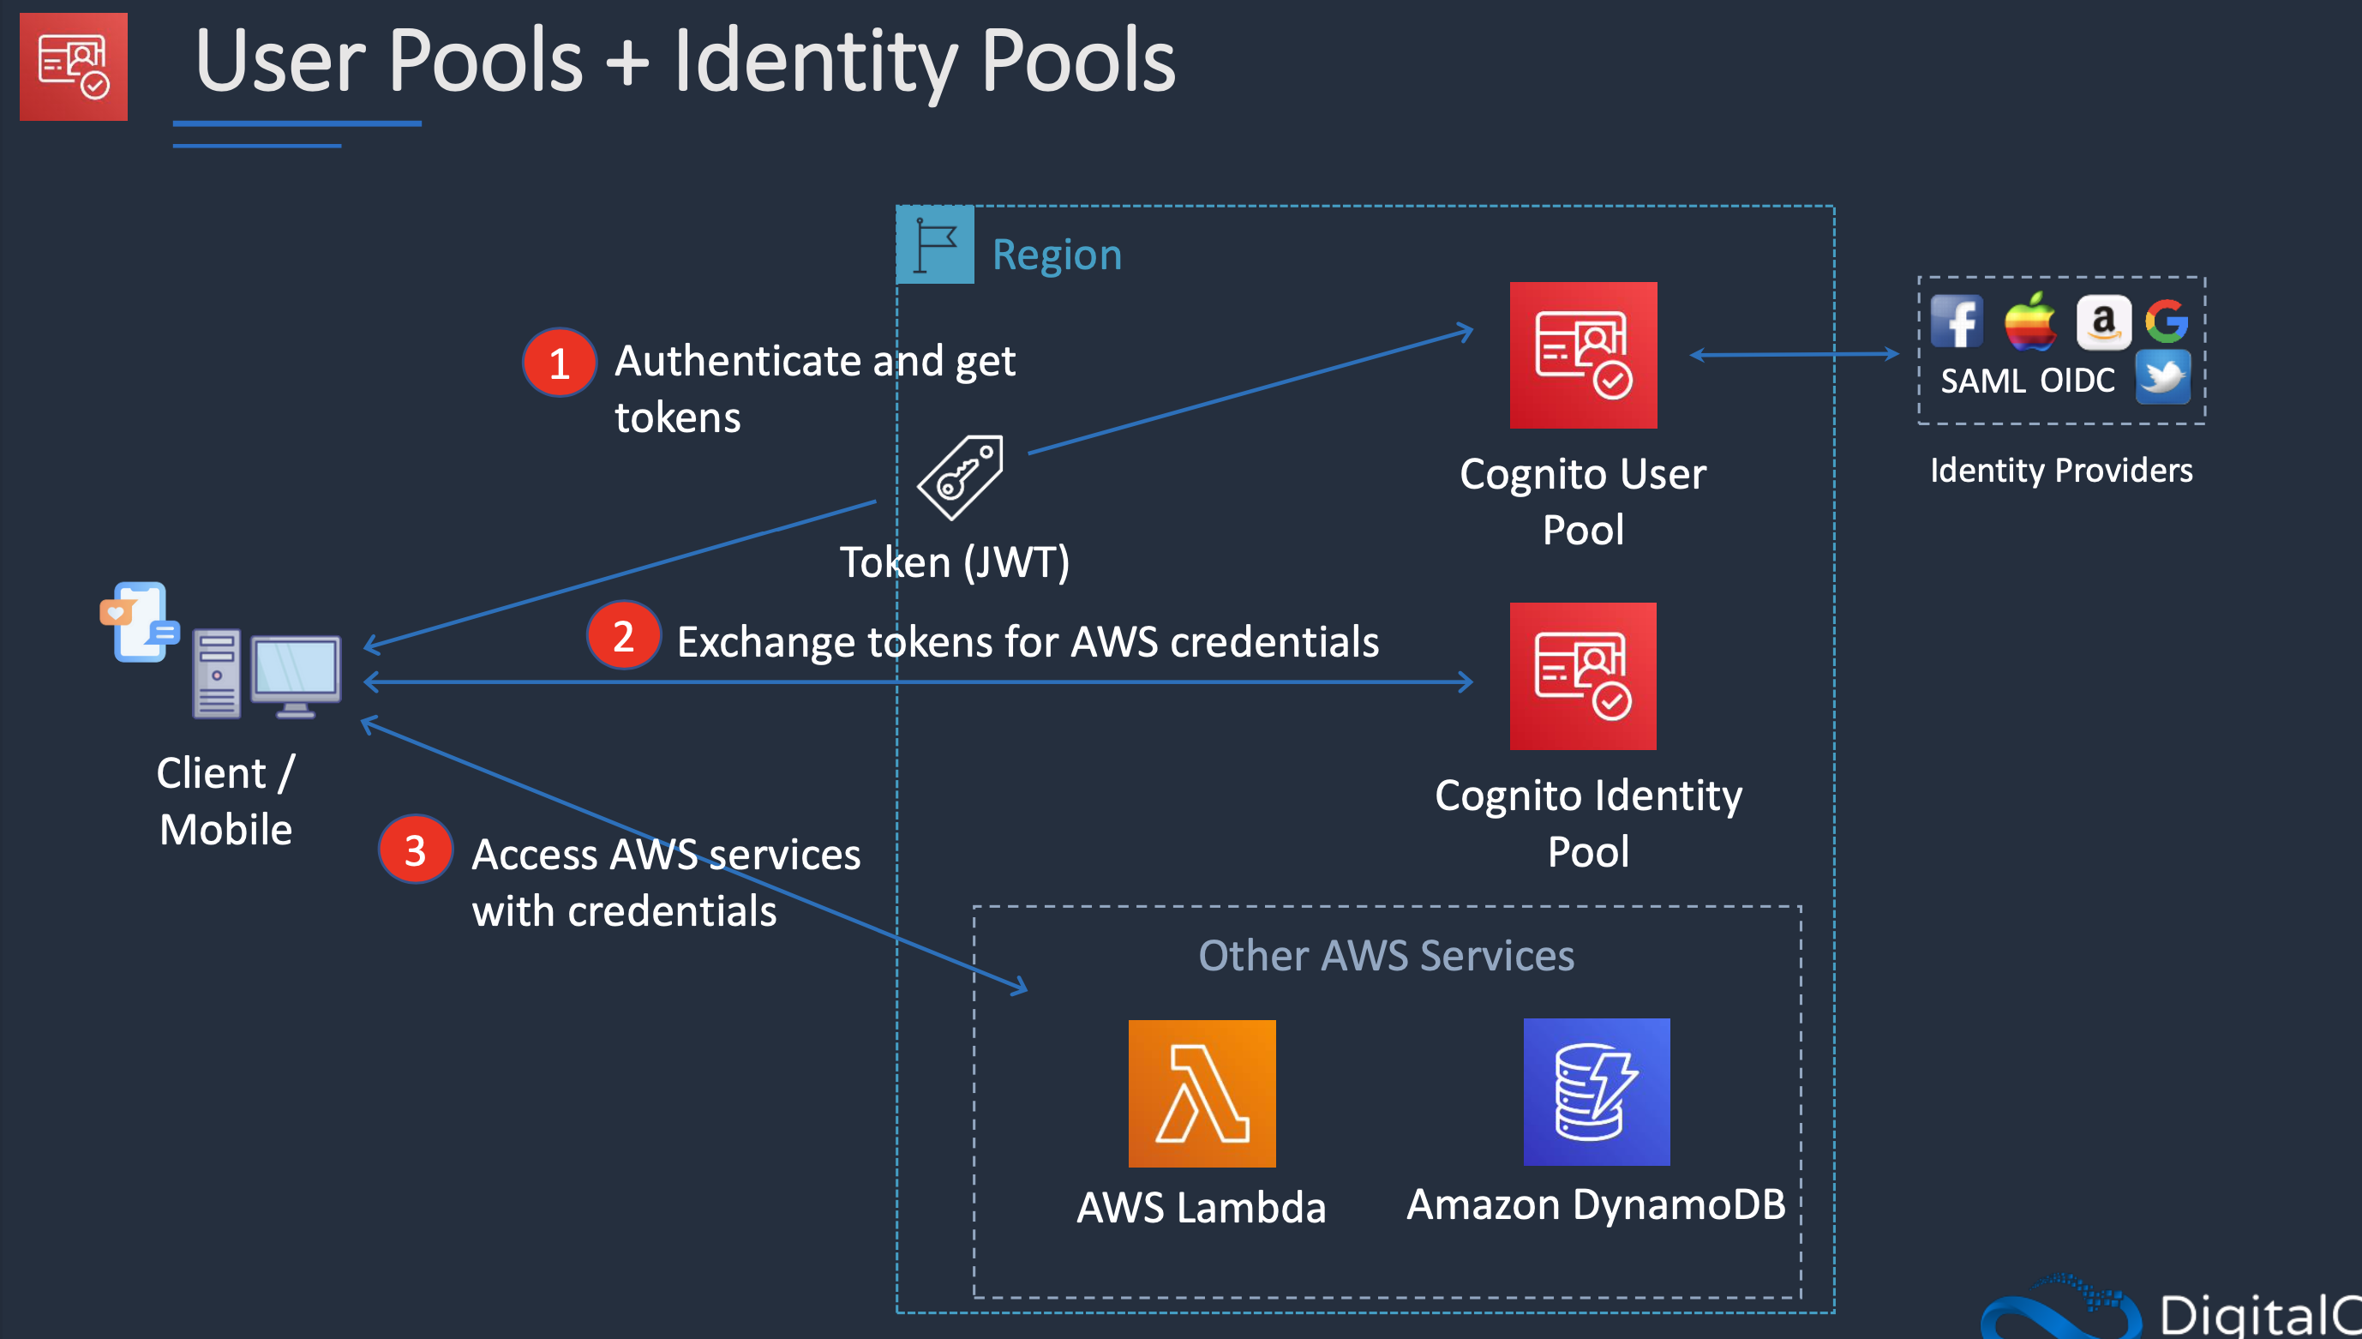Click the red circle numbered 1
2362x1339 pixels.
[559, 363]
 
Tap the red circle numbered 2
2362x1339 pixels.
[623, 635]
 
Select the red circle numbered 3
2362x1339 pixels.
[415, 850]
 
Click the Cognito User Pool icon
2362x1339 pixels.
[1582, 355]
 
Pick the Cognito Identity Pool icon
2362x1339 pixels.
[1582, 676]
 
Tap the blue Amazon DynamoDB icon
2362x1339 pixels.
[1596, 1091]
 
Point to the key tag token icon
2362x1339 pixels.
[961, 477]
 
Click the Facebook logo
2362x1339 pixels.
[1956, 321]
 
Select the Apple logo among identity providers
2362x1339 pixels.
[2029, 321]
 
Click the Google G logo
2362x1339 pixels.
[2166, 321]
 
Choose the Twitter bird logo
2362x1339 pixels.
[2162, 377]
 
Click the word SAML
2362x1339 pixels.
[1982, 381]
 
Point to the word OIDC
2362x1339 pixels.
[2077, 381]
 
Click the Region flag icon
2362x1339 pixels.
[935, 244]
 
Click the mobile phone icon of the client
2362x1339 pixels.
[141, 621]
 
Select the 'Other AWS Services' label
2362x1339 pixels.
[1386, 956]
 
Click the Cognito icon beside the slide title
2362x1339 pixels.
[74, 66]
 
